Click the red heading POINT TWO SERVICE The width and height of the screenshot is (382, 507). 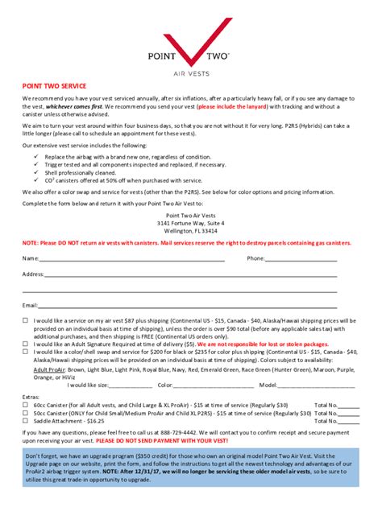(x=55, y=85)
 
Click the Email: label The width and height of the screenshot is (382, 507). (x=31, y=305)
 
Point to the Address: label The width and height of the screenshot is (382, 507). (x=33, y=274)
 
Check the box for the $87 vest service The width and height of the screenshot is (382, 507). (x=25, y=320)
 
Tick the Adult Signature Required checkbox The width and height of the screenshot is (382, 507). (x=25, y=344)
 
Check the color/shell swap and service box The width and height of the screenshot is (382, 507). (x=25, y=352)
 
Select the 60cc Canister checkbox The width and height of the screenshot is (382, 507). (x=25, y=405)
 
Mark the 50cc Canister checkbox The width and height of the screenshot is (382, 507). (x=25, y=413)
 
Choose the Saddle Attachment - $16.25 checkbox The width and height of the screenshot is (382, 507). (x=25, y=421)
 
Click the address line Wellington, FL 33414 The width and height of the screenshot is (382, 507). (x=190, y=230)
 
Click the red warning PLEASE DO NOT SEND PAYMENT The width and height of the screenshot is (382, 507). (x=162, y=441)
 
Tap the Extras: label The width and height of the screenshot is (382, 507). (x=31, y=397)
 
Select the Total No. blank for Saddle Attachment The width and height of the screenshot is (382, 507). (x=348, y=422)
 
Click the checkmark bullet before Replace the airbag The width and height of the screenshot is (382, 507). (x=36, y=156)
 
